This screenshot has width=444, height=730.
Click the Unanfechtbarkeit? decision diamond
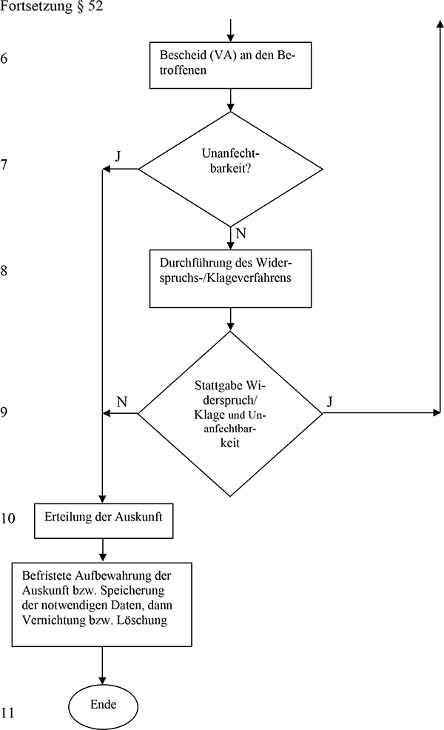point(231,169)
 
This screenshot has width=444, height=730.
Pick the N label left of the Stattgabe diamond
point(122,401)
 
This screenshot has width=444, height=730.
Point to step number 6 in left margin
point(4,58)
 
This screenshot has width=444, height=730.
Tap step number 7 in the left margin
point(4,165)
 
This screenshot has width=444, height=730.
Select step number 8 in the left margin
point(4,271)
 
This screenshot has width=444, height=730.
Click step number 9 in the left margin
point(4,412)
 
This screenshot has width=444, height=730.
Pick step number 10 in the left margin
point(7,519)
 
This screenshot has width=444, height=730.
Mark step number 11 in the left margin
point(7,714)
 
